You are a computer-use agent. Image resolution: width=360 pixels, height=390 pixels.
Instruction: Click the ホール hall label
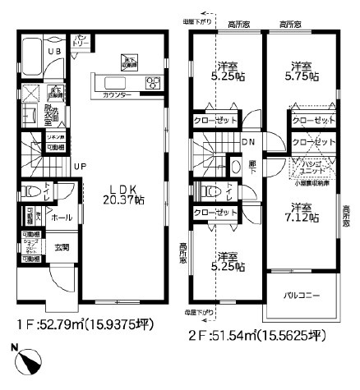(x=60, y=218)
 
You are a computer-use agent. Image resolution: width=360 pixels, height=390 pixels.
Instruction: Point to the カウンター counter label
(x=116, y=95)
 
